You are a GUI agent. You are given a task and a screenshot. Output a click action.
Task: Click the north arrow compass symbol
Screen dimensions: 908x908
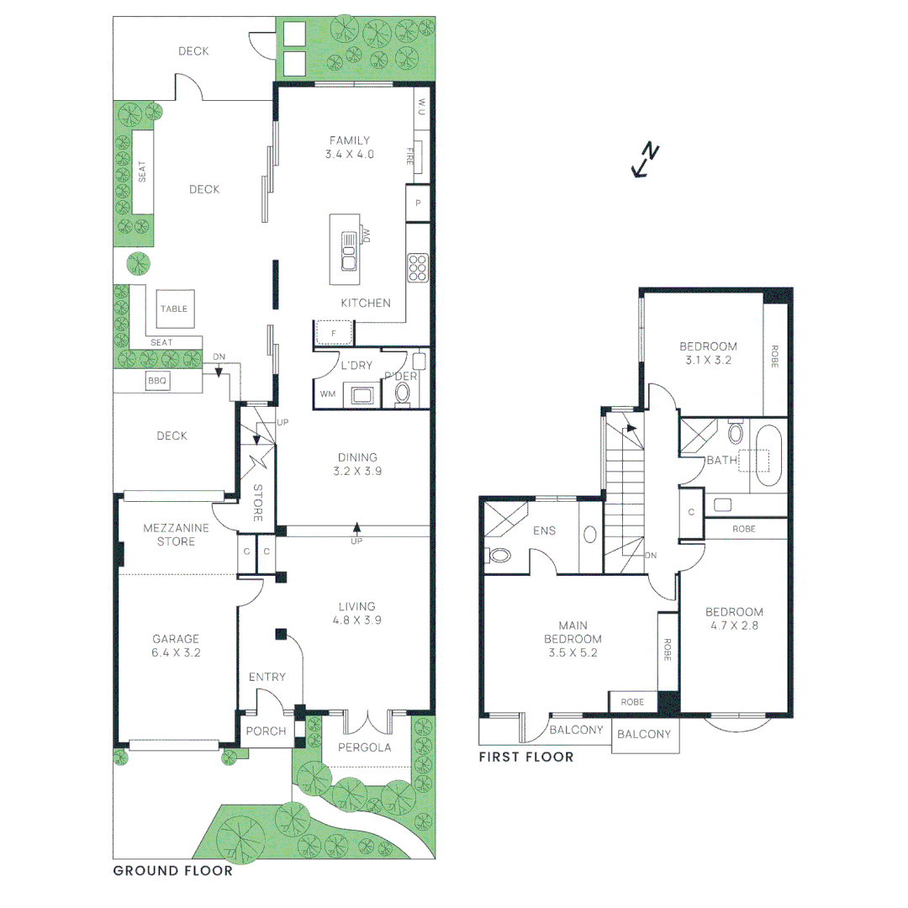[645, 161]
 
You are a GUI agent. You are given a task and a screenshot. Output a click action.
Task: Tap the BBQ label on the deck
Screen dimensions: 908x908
[157, 380]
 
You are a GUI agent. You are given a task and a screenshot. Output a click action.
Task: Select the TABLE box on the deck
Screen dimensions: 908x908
[174, 309]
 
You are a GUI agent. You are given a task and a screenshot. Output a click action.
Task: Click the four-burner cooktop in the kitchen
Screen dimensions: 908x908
[418, 266]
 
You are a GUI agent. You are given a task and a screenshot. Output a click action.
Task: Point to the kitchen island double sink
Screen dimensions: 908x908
[349, 251]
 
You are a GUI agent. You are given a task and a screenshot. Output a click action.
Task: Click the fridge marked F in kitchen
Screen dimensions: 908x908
[334, 334]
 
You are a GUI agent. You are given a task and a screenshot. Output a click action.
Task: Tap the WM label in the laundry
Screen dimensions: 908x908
[326, 394]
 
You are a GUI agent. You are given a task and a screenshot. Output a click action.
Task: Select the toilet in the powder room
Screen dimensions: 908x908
[404, 392]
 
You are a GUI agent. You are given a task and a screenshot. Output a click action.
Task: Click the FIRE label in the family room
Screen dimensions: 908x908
[411, 156]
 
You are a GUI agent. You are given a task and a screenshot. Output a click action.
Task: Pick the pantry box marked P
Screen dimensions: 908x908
[418, 203]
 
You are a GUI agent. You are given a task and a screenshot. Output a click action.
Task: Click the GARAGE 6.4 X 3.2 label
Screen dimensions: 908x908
[177, 645]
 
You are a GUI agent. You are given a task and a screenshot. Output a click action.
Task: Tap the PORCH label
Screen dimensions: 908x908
[266, 731]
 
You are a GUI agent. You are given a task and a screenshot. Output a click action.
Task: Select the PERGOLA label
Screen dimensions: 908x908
[365, 747]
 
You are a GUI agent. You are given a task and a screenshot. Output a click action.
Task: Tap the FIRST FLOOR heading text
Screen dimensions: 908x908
[526, 758]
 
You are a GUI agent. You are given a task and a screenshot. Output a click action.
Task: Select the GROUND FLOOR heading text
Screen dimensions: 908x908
[172, 871]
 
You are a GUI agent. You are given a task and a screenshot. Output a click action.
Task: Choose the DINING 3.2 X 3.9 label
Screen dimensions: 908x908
[357, 464]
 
